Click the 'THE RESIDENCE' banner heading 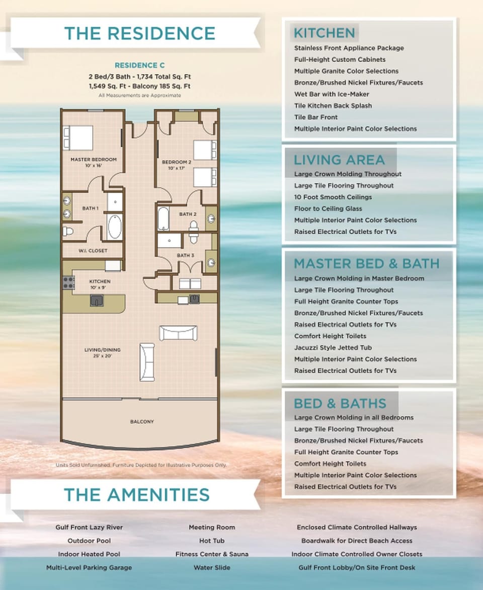(x=139, y=33)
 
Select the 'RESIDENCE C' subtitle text (x=139, y=65)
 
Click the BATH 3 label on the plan (x=185, y=256)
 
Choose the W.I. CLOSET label (x=92, y=251)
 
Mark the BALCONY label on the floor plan (x=142, y=421)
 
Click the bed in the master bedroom (x=78, y=137)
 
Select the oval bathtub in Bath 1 (x=114, y=227)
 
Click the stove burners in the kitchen (x=68, y=282)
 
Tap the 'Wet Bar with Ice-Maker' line (x=331, y=94)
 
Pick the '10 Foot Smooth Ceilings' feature (x=333, y=197)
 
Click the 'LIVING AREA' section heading (x=339, y=160)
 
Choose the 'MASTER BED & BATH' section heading (x=366, y=264)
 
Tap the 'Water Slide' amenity (x=211, y=567)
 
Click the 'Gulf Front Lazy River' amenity (x=89, y=528)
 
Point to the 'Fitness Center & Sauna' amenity (x=211, y=554)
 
